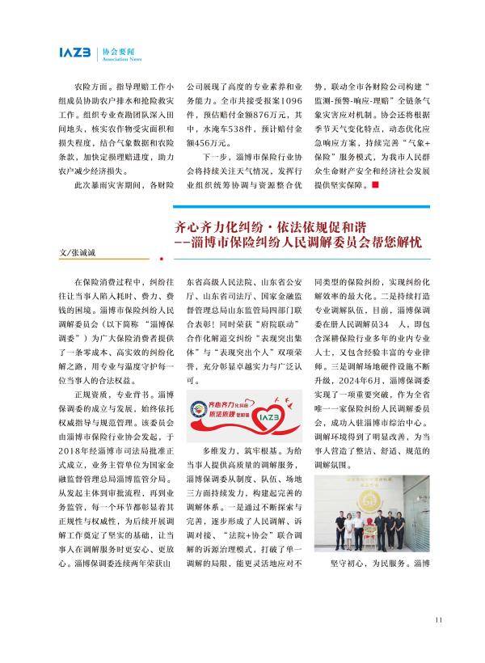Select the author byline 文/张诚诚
click(x=78, y=254)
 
